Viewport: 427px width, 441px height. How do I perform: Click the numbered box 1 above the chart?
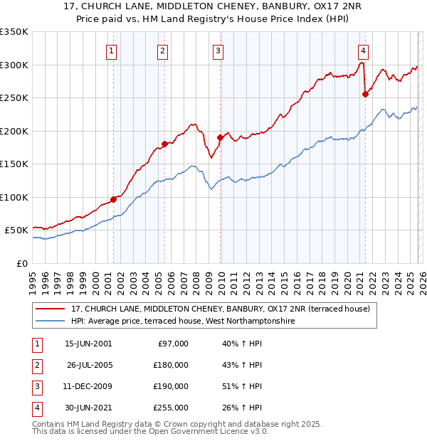click(112, 51)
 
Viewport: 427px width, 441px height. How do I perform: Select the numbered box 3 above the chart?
click(217, 51)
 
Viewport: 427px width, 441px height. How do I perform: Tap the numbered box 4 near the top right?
click(363, 51)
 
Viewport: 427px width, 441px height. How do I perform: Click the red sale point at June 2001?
click(113, 199)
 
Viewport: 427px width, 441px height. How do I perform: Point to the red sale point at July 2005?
click(164, 144)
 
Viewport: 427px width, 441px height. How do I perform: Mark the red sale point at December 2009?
click(220, 138)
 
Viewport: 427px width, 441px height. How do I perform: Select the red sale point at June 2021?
click(365, 94)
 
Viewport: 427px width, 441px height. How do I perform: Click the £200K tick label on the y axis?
click(14, 131)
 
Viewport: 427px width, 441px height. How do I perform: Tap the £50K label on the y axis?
click(16, 230)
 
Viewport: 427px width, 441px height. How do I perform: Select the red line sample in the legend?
click(51, 309)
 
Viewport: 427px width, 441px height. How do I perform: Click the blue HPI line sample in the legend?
click(51, 322)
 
